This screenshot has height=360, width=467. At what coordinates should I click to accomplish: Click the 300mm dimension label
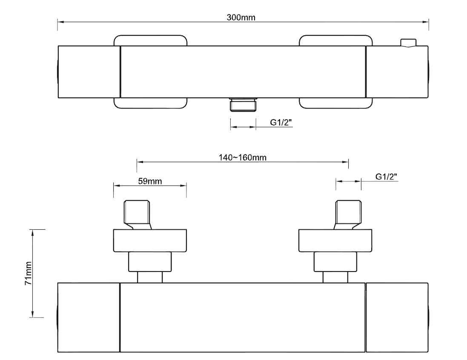[241, 17]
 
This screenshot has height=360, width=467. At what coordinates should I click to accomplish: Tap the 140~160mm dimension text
[242, 157]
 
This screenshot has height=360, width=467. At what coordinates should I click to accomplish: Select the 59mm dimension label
[150, 181]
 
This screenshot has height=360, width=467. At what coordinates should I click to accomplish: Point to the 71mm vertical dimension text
[28, 273]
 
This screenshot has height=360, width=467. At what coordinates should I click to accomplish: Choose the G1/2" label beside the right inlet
[386, 177]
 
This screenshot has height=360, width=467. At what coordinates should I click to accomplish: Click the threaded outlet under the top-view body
[243, 104]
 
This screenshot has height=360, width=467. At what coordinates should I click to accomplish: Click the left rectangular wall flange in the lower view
[150, 240]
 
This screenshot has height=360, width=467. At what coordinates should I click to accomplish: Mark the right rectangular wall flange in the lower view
[335, 240]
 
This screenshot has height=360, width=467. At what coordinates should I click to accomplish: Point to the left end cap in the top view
[89, 72]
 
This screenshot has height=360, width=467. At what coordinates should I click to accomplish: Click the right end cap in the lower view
[397, 317]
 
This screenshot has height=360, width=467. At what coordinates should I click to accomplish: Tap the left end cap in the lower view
[88, 317]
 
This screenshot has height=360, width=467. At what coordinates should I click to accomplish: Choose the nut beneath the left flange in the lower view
[150, 262]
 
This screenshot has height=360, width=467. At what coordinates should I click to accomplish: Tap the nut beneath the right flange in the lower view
[335, 262]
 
